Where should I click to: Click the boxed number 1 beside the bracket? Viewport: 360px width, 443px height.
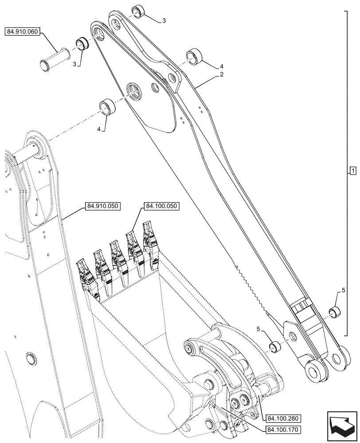[352, 171]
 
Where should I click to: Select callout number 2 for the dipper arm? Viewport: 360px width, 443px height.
[221, 75]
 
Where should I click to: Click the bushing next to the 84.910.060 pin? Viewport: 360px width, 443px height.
[82, 44]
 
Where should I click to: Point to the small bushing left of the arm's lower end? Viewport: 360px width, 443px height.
[274, 345]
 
